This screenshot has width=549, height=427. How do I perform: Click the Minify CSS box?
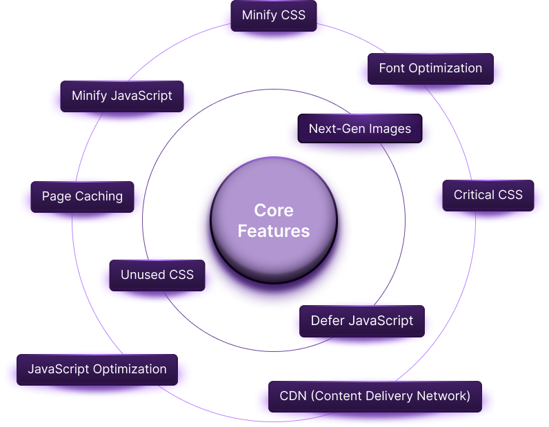pos(274,15)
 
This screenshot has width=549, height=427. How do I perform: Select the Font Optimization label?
pos(430,68)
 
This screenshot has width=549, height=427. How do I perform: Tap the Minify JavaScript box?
pos(122,96)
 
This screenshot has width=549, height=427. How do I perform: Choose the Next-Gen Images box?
pos(359,128)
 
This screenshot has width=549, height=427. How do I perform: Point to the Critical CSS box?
pos(488,195)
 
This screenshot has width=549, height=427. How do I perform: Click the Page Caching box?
pos(82,196)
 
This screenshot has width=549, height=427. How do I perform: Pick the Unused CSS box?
pos(157,275)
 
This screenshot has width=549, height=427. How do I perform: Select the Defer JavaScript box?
pos(362,320)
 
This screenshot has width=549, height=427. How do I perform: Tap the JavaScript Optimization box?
pos(97,369)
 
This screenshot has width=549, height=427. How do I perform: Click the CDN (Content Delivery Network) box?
pos(375,396)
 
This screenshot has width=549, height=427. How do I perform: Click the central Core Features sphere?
pos(274,220)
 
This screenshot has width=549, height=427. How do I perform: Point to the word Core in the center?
pos(274,210)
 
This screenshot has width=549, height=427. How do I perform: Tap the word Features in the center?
pos(274,231)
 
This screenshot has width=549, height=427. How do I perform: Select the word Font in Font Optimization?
pos(392,68)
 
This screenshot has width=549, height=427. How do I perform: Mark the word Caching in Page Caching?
pos(99,196)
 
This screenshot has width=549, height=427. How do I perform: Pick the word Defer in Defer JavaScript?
pos(326,320)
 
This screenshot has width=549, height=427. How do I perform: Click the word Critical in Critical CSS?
pos(475,195)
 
